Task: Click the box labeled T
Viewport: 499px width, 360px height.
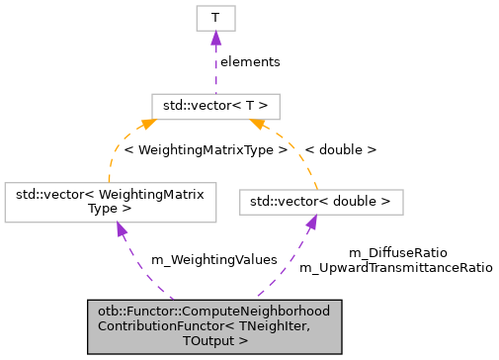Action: (215, 18)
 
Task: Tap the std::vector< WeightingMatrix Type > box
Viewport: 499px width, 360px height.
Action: (111, 202)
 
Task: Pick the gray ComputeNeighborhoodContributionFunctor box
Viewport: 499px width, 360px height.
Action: (214, 325)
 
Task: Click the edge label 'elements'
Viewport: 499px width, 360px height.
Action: (249, 61)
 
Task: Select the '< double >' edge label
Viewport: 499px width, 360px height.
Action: (340, 150)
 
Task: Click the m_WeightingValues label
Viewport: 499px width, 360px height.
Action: (213, 260)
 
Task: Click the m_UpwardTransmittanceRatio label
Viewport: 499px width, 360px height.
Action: (395, 267)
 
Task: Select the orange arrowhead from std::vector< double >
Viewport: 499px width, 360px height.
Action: (257, 124)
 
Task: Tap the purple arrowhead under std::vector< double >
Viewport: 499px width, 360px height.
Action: (310, 224)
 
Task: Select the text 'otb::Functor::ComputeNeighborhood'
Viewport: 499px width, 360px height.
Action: (213, 311)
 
